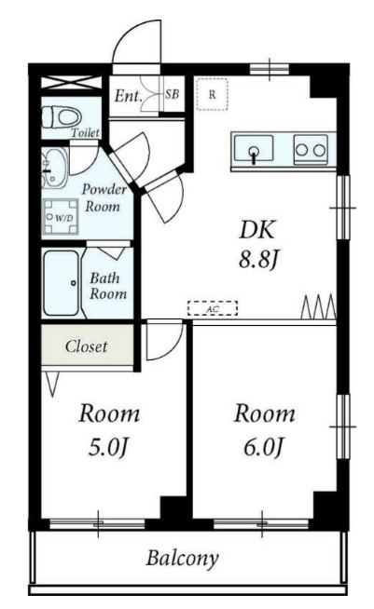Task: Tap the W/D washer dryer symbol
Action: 60,217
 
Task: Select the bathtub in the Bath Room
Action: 62,283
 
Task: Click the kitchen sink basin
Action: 254,148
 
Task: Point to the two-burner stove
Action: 311,150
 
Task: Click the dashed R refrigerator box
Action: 212,94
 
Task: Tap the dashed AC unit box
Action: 213,308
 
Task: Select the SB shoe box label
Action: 172,94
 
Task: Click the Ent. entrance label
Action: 128,96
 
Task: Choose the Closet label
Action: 86,346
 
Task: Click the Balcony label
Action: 182,559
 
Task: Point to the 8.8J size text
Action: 258,260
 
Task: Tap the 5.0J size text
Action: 108,447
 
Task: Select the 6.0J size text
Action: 263,447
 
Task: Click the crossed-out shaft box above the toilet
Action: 71,83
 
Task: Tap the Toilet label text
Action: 85,133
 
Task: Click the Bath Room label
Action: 108,286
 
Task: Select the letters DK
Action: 257,230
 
